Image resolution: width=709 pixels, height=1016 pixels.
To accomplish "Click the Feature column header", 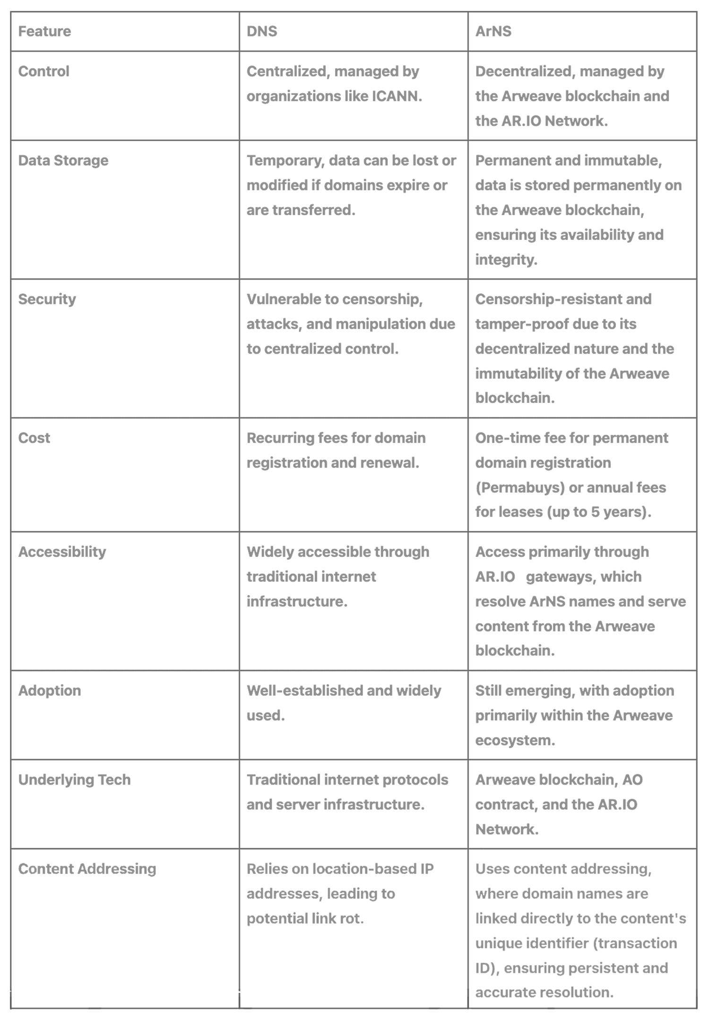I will point(44,31).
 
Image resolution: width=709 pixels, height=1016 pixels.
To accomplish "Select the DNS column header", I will point(262,31).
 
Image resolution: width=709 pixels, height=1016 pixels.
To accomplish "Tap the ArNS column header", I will point(493,31).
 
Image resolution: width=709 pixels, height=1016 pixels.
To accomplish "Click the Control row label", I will point(43,71).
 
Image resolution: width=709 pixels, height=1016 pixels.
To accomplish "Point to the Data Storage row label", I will point(63,161).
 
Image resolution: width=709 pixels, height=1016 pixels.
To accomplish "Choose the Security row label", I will point(47,299).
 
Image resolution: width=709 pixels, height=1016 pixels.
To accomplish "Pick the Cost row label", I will point(34,438).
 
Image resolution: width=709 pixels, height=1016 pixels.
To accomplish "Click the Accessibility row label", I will point(62,552).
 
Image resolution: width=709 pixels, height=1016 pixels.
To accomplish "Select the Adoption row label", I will point(50,691).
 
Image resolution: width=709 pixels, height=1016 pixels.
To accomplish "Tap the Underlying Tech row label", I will point(74,780).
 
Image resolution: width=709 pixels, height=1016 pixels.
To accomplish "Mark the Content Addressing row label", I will point(87,869).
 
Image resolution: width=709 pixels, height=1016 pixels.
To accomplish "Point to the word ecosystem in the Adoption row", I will point(515,740).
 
